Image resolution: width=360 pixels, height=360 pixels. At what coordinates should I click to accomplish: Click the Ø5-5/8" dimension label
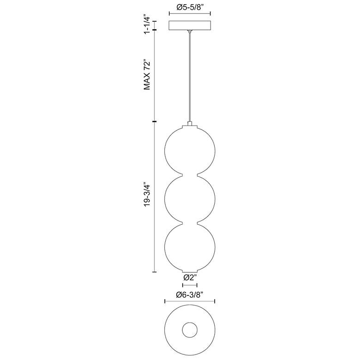point(190,7)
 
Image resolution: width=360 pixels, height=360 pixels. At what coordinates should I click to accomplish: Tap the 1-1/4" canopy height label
point(147,25)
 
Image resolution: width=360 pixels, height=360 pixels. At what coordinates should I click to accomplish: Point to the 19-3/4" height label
point(147,194)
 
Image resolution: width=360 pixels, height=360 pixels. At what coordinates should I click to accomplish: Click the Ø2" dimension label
point(190,277)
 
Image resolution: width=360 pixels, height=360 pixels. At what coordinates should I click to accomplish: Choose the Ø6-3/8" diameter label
point(190,294)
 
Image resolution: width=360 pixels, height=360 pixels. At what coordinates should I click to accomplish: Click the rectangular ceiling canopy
point(190,25)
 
